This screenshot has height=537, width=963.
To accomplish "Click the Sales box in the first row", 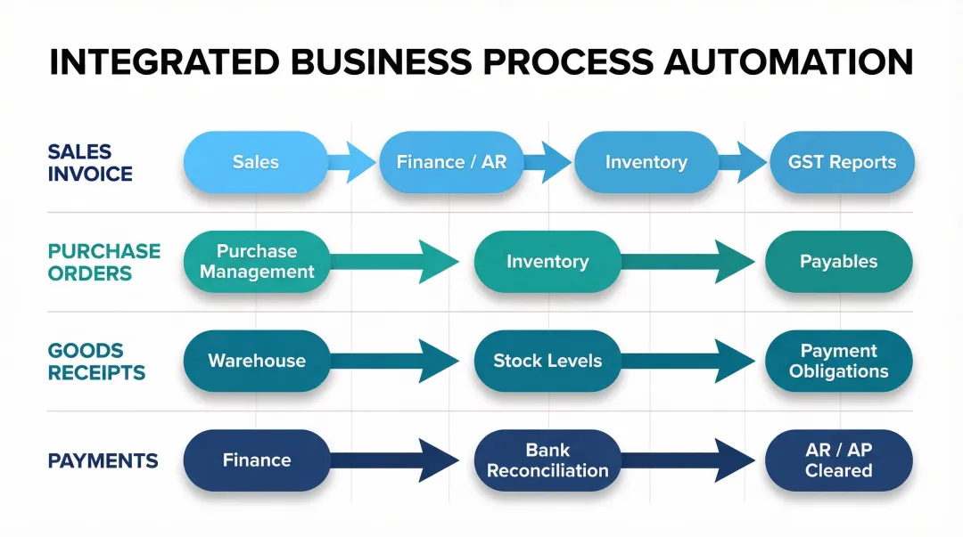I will tap(255, 162).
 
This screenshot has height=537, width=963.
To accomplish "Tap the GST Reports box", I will tap(842, 162).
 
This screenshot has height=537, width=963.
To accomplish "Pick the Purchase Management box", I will tap(257, 262).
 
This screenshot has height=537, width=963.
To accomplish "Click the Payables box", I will tap(838, 262).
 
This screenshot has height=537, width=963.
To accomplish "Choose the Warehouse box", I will tap(257, 361).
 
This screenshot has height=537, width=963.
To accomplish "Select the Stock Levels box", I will tap(547, 361).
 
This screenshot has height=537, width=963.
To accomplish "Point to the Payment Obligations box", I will tap(838, 361).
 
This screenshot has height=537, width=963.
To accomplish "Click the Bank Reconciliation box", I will tap(547, 460).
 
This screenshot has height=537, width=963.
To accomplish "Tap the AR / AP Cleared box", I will tap(838, 460).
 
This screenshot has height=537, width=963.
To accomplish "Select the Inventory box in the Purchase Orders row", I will tap(547, 262).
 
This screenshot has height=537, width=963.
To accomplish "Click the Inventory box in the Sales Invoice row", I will tap(646, 162).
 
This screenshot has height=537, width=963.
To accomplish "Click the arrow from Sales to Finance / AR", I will tap(352, 162).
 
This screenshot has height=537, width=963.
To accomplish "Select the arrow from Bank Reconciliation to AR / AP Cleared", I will tap(691, 460).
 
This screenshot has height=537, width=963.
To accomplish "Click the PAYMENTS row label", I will tap(103, 460).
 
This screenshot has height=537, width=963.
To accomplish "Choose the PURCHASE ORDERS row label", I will tap(103, 262).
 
